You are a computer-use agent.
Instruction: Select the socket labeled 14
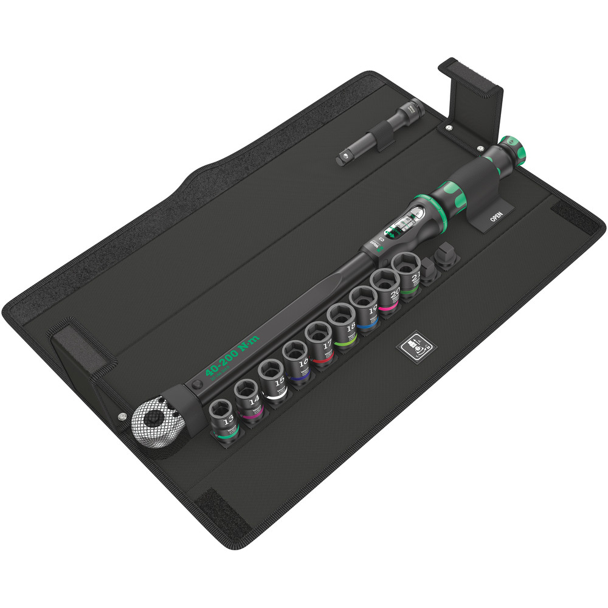tap(247, 399)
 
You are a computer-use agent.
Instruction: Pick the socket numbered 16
tap(295, 361)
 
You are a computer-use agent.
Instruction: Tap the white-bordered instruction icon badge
tap(416, 347)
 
